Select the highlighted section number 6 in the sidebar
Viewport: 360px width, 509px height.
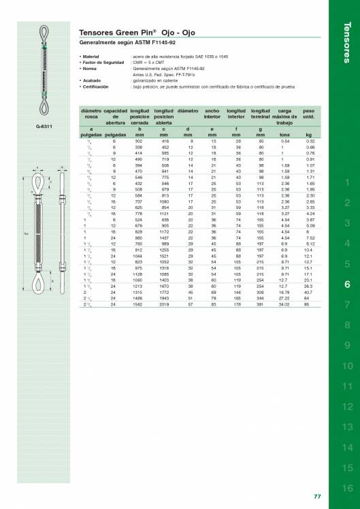click(x=347, y=284)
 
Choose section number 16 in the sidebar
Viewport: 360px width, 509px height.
click(x=347, y=488)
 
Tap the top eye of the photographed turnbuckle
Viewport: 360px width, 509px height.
click(x=47, y=35)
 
